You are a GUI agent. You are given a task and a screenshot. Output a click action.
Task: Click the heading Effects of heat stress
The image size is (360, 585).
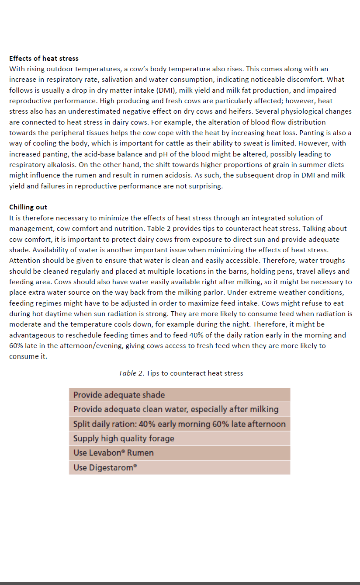[44, 58]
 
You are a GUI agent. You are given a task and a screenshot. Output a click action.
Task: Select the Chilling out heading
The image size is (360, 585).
[28, 207]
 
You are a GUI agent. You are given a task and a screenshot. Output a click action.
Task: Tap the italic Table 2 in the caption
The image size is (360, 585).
[131, 373]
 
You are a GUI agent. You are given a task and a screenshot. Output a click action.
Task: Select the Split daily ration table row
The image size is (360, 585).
[179, 424]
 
